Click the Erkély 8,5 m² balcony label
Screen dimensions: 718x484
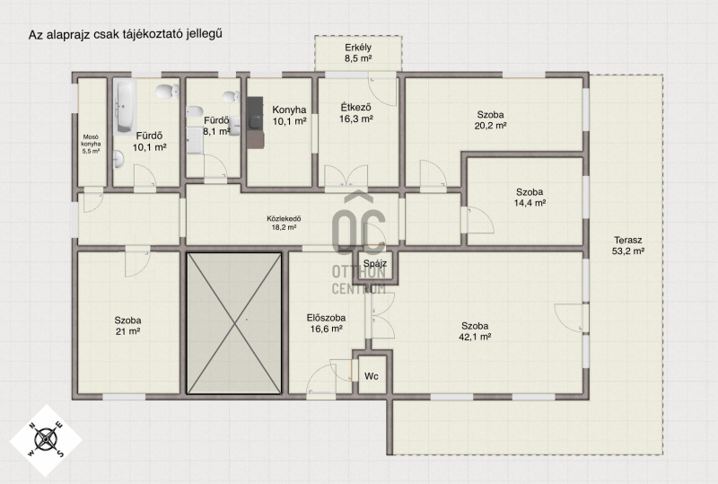pyautogui.click(x=358, y=53)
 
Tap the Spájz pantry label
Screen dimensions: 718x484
pyautogui.click(x=375, y=263)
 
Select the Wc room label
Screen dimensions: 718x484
pyautogui.click(x=372, y=376)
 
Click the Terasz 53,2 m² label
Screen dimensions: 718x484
pyautogui.click(x=628, y=245)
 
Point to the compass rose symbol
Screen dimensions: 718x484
pyautogui.click(x=46, y=440)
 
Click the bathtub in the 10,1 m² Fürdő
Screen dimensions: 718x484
pyautogui.click(x=125, y=108)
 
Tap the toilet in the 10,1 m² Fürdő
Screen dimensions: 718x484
pyautogui.click(x=167, y=92)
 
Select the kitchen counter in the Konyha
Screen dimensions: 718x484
pyautogui.click(x=255, y=122)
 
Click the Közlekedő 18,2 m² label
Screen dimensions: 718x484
pyautogui.click(x=284, y=223)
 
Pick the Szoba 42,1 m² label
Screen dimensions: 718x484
pyautogui.click(x=475, y=331)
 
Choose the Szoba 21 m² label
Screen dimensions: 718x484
pyautogui.click(x=127, y=326)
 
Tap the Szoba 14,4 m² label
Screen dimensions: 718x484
pyautogui.click(x=530, y=197)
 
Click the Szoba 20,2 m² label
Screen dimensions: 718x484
pyautogui.click(x=490, y=120)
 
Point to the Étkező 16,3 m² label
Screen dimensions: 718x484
pyautogui.click(x=356, y=113)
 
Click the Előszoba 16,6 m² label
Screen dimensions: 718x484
pyautogui.click(x=326, y=323)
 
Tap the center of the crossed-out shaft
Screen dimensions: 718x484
pyautogui.click(x=234, y=323)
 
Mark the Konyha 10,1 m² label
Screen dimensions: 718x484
pyautogui.click(x=289, y=116)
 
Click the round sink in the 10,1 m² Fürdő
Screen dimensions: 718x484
pyautogui.click(x=118, y=159)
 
